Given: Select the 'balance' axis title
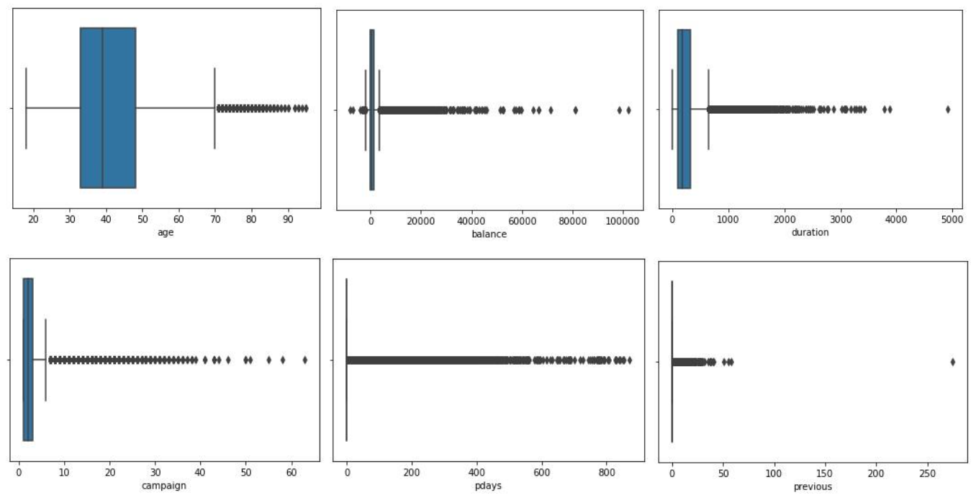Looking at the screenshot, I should [x=489, y=234].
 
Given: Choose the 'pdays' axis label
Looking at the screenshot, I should [x=489, y=486].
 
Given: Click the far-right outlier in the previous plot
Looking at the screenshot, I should [x=953, y=362].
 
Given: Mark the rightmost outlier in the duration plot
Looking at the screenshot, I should [x=948, y=110].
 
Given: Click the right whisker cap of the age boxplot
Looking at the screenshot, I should [x=214, y=108].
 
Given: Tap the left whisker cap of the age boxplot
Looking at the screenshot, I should [x=26, y=108].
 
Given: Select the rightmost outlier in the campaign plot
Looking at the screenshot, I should [x=305, y=360].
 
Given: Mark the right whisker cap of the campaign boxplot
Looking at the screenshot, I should [x=45, y=360].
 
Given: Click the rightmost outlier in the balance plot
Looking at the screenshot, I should [x=628, y=110].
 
